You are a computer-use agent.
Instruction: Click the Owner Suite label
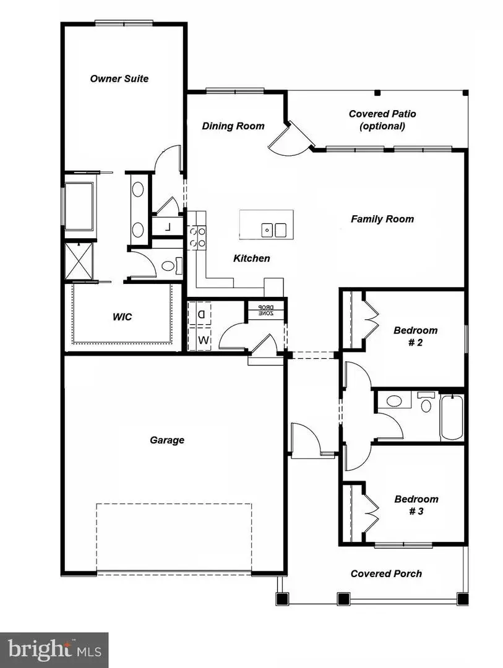click(x=119, y=79)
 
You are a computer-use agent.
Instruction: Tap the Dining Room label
click(x=233, y=126)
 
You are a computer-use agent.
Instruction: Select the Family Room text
click(x=382, y=219)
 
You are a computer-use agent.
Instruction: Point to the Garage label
click(x=167, y=440)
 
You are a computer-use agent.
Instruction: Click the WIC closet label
click(x=122, y=317)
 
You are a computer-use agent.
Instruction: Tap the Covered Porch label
click(x=386, y=574)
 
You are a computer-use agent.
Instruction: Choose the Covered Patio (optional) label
click(x=382, y=120)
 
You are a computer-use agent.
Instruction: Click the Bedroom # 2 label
click(x=416, y=336)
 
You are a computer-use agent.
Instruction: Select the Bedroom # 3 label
click(x=416, y=505)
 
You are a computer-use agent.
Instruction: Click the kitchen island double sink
click(x=275, y=230)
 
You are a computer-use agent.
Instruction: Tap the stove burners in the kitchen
click(x=197, y=236)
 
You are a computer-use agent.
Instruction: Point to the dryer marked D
click(x=200, y=314)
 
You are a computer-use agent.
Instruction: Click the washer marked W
click(x=200, y=340)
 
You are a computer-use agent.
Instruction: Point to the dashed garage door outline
click(x=174, y=537)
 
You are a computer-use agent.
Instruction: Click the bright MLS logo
click(x=54, y=650)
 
